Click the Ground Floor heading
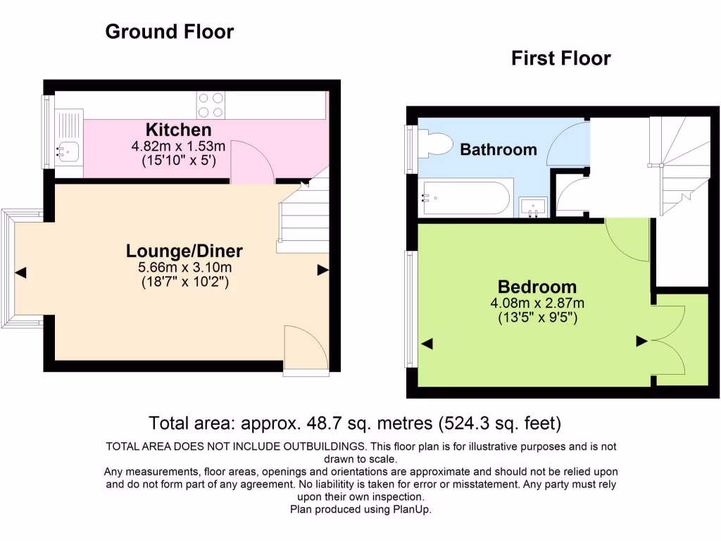[x=169, y=32]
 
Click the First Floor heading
[x=560, y=58]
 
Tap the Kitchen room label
[x=178, y=130]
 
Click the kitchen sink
[x=69, y=149]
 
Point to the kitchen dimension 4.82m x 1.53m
[x=178, y=147]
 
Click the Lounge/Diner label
[x=184, y=251]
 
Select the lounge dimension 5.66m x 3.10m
[x=184, y=268]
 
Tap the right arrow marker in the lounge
[x=322, y=269]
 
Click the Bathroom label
[x=499, y=149]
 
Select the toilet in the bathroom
[x=437, y=144]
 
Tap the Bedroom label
[x=537, y=287]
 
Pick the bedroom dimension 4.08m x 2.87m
[x=537, y=304]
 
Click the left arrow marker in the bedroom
[x=427, y=343]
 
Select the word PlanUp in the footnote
[x=411, y=509]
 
